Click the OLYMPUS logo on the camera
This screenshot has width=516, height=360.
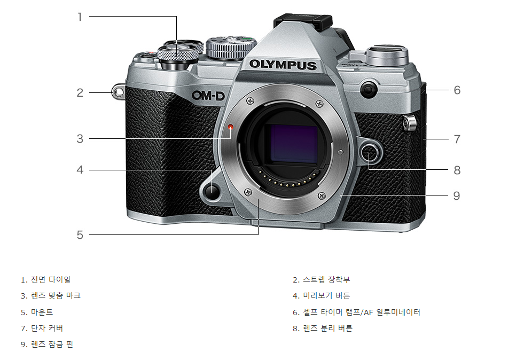click(283, 65)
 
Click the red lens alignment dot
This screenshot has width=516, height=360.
click(231, 127)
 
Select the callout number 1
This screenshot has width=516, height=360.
click(80, 17)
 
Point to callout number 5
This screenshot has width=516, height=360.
click(80, 234)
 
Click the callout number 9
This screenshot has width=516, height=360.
click(456, 195)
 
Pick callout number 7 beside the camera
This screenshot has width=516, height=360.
click(457, 139)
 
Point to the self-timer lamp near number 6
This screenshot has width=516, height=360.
click(368, 90)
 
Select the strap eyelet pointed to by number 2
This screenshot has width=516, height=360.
click(119, 92)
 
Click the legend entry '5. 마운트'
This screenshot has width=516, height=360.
click(37, 312)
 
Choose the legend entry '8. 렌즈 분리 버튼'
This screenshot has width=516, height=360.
click(322, 328)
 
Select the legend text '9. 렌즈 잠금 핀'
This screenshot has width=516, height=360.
click(47, 345)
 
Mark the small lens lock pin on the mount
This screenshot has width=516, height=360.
click(341, 152)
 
